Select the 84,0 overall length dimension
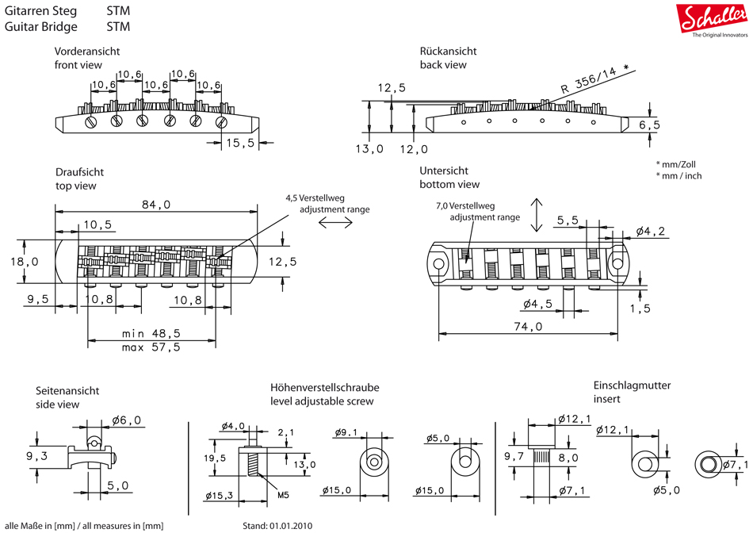coord(155,205)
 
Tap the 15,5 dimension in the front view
coord(239,143)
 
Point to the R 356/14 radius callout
coord(594,79)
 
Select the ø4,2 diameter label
coord(650,232)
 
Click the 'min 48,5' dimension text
coord(151,334)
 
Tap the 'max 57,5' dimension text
coord(151,347)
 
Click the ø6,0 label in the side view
coord(127,420)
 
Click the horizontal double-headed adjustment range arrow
coord(335,224)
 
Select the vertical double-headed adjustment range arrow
coord(537,215)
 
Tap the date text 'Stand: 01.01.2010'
coord(278,525)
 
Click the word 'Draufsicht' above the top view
coord(79,172)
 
